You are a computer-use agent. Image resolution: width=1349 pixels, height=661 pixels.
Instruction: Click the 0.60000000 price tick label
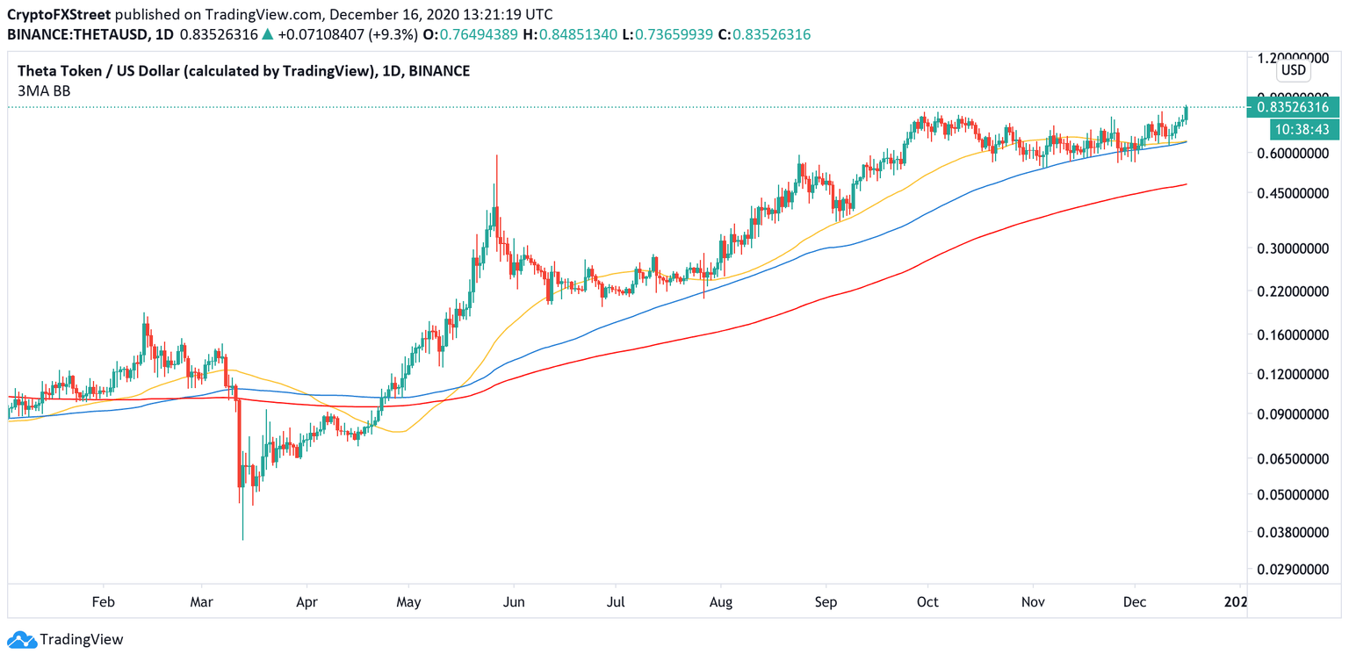click(x=1293, y=154)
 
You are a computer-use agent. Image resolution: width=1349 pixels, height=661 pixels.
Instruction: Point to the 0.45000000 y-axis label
click(x=1293, y=194)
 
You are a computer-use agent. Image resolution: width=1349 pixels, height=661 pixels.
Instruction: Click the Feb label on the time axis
click(x=104, y=602)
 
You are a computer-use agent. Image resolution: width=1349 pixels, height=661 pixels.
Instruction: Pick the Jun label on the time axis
click(x=514, y=602)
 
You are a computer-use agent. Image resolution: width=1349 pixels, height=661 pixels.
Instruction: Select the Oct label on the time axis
click(x=927, y=602)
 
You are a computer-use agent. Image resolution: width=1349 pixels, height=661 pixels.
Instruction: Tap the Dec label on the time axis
click(x=1135, y=602)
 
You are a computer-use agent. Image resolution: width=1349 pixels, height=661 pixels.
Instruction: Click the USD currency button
click(x=1293, y=70)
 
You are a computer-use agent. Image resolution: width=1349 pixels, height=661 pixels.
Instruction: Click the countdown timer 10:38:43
click(x=1304, y=130)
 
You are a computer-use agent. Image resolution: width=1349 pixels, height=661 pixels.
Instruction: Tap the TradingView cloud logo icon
click(x=22, y=640)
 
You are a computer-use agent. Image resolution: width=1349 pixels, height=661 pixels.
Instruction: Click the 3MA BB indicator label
click(x=43, y=90)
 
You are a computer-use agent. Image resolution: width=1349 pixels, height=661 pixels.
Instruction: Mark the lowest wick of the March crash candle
click(x=242, y=539)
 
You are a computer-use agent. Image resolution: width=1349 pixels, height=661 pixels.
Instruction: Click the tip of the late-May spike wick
click(x=497, y=155)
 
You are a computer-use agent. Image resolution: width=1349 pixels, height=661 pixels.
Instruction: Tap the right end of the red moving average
click(x=1187, y=184)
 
